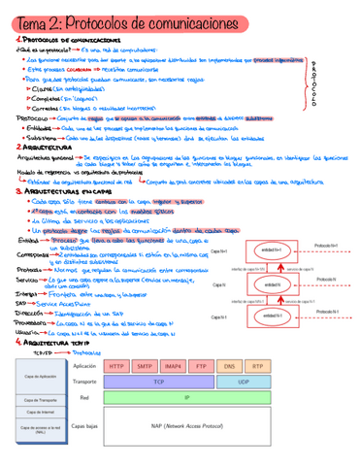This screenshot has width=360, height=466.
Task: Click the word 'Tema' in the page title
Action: pyautogui.click(x=30, y=19)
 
